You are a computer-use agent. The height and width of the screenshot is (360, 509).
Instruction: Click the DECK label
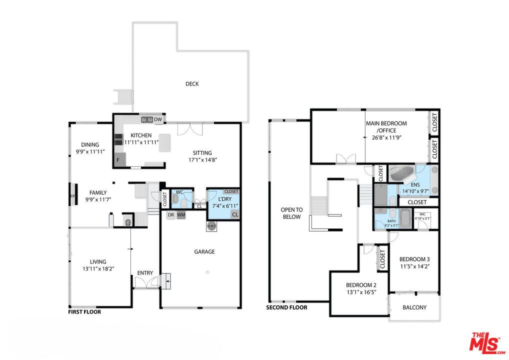click(192, 84)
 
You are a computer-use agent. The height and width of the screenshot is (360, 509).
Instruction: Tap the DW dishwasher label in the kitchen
click(158, 119)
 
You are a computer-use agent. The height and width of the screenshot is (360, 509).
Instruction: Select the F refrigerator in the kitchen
click(118, 160)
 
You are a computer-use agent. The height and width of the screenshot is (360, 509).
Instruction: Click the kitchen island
click(164, 143)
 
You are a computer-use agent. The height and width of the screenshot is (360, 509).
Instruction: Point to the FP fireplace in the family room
click(73, 196)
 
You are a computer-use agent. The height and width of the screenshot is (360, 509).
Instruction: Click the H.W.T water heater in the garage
click(211, 226)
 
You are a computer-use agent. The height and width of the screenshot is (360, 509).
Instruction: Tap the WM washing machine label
click(181, 215)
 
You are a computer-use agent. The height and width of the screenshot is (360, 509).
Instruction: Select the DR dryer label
click(170, 215)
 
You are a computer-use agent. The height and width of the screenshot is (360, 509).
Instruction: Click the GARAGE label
click(204, 251)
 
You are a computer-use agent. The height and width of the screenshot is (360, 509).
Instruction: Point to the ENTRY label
click(145, 273)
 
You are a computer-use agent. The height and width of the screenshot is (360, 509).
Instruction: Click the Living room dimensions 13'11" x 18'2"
click(98, 269)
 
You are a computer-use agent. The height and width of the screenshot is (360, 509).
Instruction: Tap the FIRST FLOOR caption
click(84, 312)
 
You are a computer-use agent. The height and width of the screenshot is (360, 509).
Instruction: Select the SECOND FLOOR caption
click(286, 307)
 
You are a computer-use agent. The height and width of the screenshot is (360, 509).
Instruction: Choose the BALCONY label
click(414, 307)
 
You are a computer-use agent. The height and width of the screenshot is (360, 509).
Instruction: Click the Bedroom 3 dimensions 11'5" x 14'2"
click(414, 266)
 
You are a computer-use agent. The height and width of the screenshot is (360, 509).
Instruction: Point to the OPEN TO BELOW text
click(291, 213)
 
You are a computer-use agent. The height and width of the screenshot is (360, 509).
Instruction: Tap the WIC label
click(422, 214)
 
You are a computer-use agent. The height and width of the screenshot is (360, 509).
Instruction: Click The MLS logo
click(486, 343)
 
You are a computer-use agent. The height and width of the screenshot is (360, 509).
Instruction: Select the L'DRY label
click(224, 199)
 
